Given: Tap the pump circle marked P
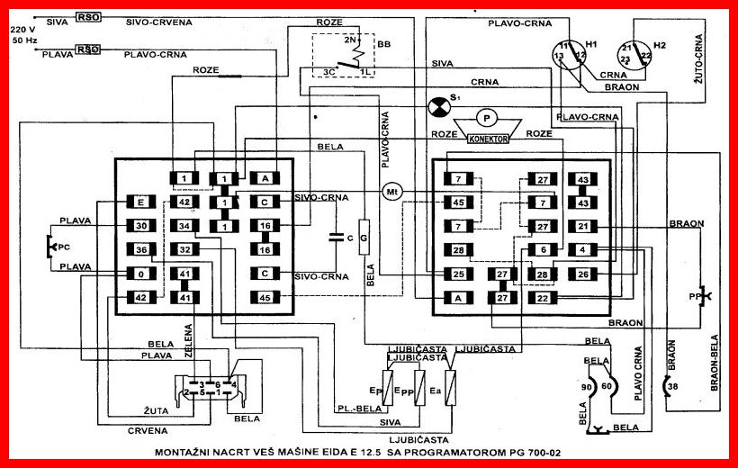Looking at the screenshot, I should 487,117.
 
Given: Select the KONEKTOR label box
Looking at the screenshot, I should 488,139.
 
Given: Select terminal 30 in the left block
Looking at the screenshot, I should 141,226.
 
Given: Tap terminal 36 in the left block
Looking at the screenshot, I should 141,249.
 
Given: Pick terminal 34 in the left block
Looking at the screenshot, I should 184,225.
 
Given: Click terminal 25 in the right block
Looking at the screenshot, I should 458,273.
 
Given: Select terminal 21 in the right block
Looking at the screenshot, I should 583,226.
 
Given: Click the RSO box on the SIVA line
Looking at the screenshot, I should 88,17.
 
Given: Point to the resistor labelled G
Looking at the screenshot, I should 364,238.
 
